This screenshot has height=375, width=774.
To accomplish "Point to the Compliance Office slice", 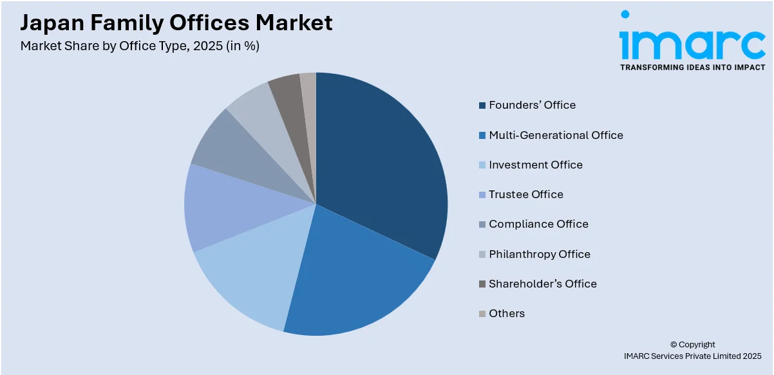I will click(x=225, y=145).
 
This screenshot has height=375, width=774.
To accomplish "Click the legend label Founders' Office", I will click(x=532, y=105).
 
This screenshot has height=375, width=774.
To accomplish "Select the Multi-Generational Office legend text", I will click(x=556, y=135).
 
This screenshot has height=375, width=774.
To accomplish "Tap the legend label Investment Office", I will click(x=535, y=165).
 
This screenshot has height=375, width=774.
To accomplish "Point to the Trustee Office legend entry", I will click(x=525, y=194).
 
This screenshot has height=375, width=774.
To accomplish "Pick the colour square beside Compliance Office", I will click(x=482, y=224).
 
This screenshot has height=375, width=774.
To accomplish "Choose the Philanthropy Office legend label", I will click(x=539, y=254).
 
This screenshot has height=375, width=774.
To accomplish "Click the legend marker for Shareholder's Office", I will click(x=482, y=284).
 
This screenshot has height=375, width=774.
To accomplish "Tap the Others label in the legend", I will click(x=506, y=313).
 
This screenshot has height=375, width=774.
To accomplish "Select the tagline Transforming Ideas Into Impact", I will click(x=692, y=67).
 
